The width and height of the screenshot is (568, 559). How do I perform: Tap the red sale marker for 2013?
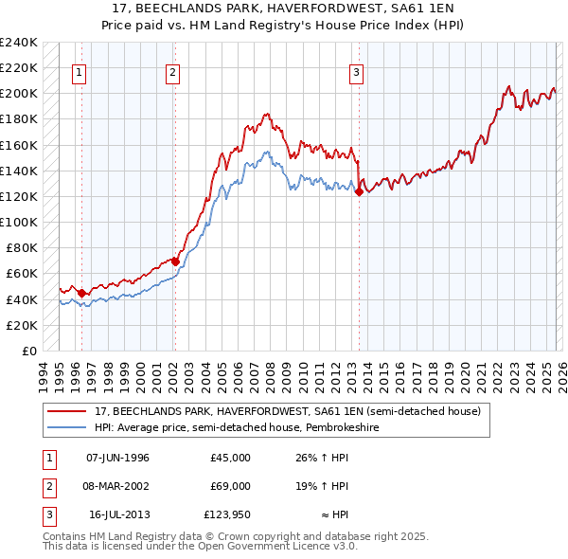click(359, 191)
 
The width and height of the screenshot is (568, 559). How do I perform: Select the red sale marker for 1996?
click(81, 293)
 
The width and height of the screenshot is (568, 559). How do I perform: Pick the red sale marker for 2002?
click(175, 261)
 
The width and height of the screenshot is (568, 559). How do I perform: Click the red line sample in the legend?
click(67, 412)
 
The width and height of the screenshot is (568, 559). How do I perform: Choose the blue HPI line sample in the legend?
click(67, 427)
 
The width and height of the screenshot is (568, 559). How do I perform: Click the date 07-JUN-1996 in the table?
click(117, 458)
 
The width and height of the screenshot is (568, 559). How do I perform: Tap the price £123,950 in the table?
click(225, 514)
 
